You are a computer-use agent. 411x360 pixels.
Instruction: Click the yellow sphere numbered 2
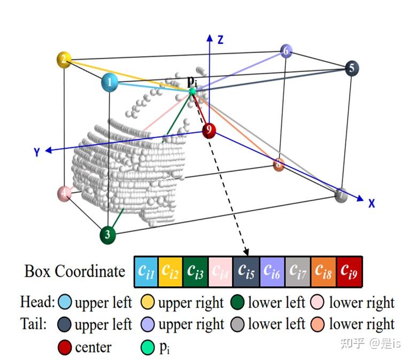[x=64, y=59]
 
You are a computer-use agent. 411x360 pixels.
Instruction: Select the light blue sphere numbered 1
[x=110, y=83]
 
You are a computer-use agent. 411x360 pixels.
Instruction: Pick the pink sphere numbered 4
[x=64, y=193]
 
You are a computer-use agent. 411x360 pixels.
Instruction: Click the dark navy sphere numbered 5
[x=351, y=68]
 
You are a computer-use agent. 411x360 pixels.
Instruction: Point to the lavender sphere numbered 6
[x=286, y=51]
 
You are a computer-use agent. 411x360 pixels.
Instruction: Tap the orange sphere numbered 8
[x=278, y=164]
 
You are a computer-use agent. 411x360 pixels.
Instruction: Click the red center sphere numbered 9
[x=209, y=130]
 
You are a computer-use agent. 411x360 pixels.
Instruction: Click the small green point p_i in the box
[x=192, y=91]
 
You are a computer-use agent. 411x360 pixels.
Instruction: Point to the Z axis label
[x=220, y=38]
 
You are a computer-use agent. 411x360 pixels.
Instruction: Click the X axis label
[x=371, y=203]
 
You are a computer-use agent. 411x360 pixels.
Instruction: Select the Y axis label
[x=37, y=152]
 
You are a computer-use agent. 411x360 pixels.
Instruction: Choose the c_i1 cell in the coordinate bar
[x=146, y=271]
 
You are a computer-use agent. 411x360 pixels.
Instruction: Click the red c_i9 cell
[x=350, y=271]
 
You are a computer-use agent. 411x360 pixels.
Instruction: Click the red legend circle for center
[x=64, y=348]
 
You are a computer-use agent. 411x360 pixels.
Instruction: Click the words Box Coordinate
[x=74, y=271]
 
